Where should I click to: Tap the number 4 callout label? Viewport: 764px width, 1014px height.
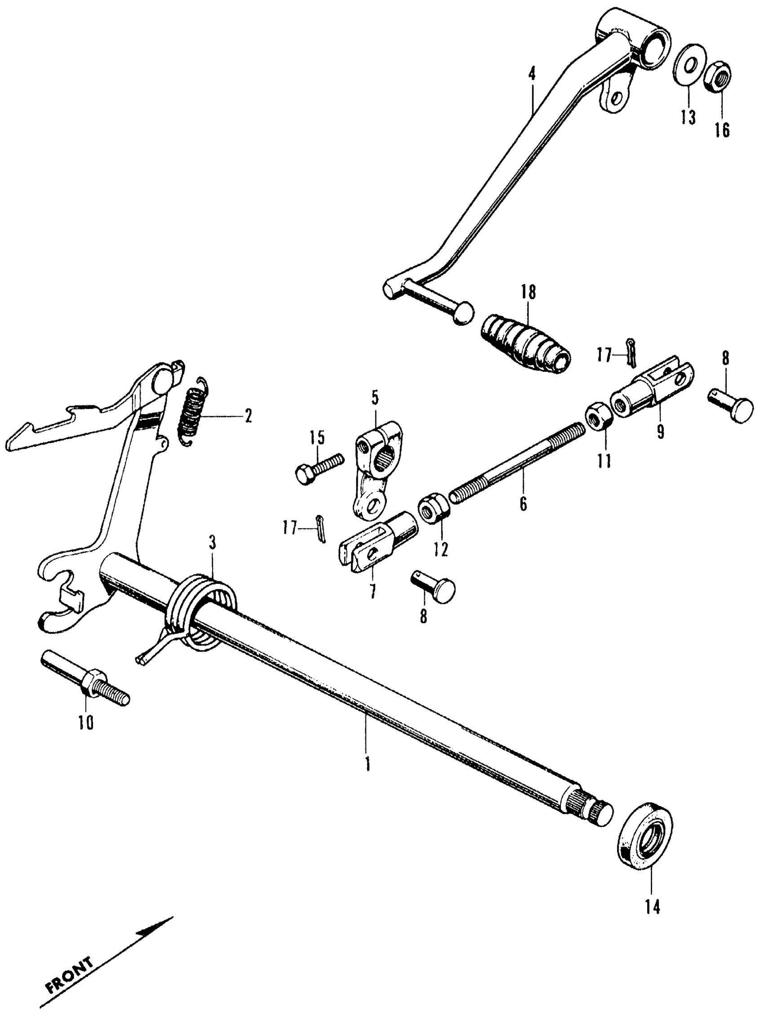pos(532,74)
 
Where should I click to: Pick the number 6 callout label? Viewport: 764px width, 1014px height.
pos(524,503)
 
